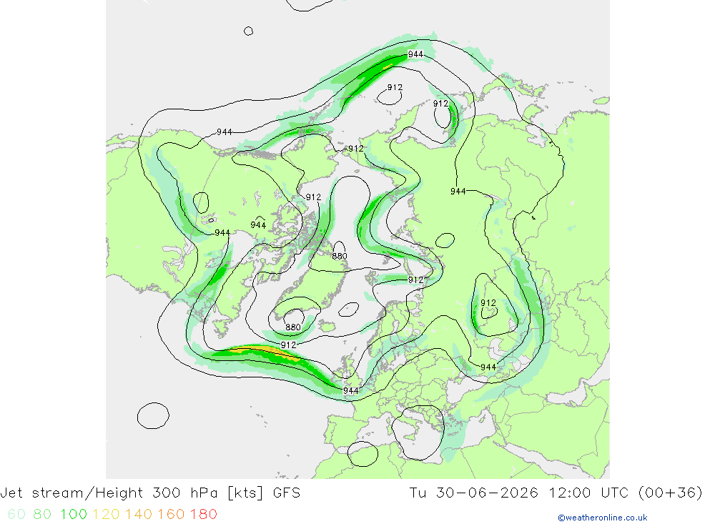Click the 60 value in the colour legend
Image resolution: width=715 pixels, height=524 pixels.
coord(16,514)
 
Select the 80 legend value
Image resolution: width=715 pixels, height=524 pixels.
coord(42,514)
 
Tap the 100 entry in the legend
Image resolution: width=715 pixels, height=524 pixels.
coord(74,514)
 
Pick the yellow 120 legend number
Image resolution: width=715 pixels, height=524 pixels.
coord(106,514)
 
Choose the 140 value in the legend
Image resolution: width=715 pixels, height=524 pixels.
coord(139,514)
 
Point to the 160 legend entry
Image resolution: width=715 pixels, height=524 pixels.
coord(171,514)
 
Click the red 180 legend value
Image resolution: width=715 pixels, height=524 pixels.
coord(203,514)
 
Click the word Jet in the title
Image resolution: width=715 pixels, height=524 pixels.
coord(12,493)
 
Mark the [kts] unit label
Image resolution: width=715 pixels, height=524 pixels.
coord(245,493)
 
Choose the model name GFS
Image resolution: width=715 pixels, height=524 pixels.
coord(287,493)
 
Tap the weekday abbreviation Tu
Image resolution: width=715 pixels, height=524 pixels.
coord(418,493)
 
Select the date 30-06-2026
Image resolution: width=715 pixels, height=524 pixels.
coord(487,493)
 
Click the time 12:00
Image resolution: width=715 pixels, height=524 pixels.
coord(570,493)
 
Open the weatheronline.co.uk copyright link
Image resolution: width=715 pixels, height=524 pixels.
coord(602,518)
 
